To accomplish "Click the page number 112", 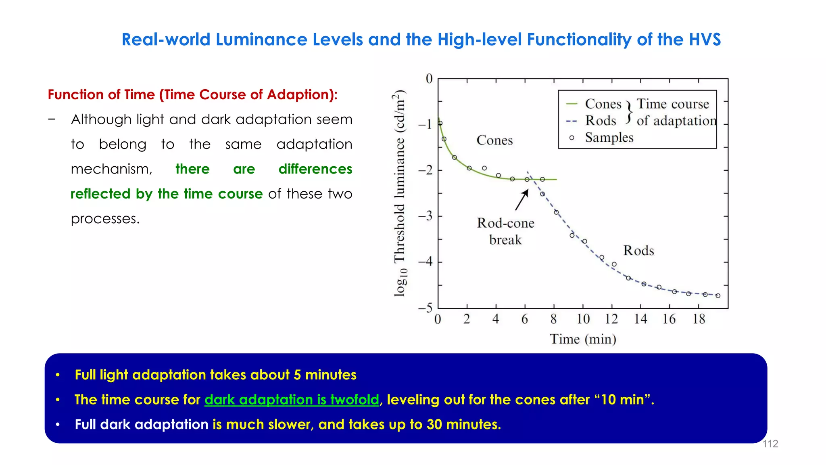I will (x=770, y=444).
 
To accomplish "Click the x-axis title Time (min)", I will (x=583, y=339).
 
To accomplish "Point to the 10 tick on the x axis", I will (x=583, y=319).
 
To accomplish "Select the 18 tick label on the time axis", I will (x=699, y=319).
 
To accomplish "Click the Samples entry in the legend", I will (x=609, y=138).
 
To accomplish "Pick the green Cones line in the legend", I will (x=572, y=104).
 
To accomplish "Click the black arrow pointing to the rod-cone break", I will (x=522, y=200).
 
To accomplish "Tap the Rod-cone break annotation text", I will (x=505, y=231).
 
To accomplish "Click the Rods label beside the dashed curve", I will (x=638, y=251).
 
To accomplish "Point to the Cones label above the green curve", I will (x=494, y=140).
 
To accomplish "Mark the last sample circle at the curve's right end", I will (x=718, y=296).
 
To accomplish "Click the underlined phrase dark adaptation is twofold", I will (x=292, y=400).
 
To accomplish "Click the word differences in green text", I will (x=315, y=169).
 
